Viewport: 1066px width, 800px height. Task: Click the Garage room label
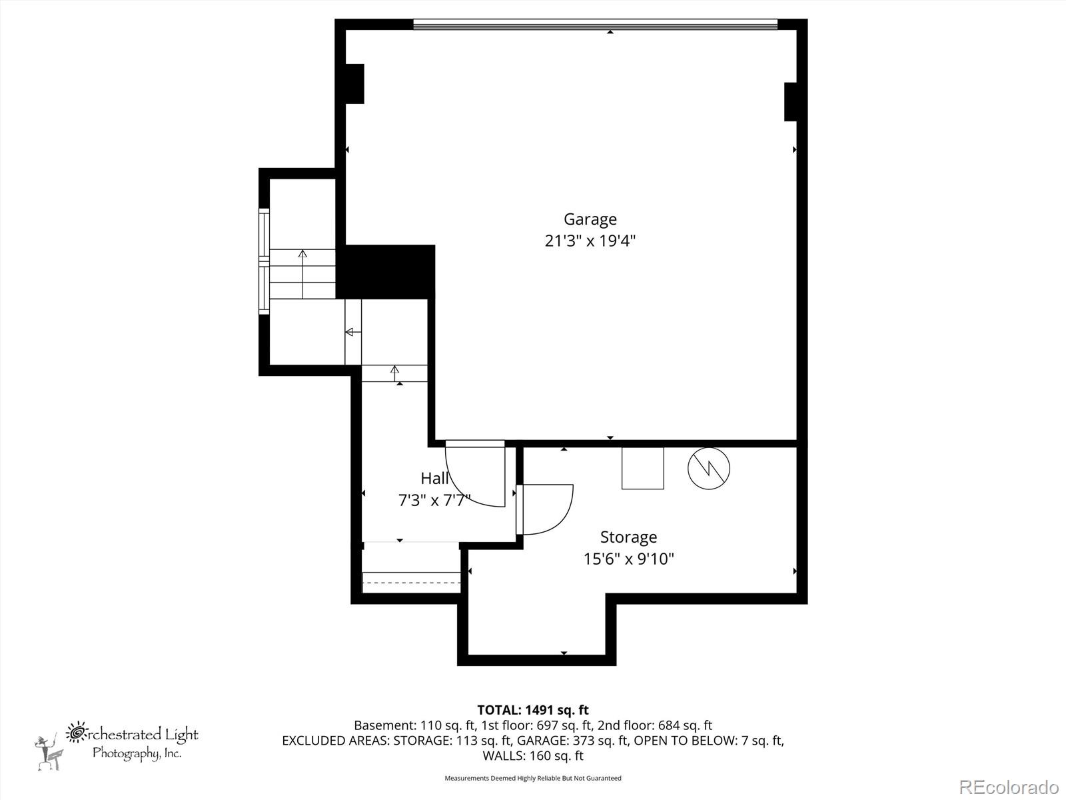pos(590,219)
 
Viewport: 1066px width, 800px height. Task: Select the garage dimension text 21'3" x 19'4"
pos(590,241)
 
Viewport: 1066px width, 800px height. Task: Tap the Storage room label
pos(628,537)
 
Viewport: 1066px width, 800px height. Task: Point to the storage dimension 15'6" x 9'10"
pos(628,559)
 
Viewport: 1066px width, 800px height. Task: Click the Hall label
pos(434,478)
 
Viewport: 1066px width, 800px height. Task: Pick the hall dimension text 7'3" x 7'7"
pos(434,500)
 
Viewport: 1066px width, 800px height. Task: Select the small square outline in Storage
pos(642,468)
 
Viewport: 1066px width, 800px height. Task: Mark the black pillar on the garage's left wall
pos(354,83)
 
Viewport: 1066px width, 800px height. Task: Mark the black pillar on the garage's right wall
pos(791,101)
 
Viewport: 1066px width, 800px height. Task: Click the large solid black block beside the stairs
pos(386,271)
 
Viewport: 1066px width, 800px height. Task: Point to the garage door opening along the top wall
pos(595,25)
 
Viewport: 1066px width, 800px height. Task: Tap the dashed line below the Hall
pos(411,583)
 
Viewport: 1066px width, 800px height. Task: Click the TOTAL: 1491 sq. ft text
pos(532,710)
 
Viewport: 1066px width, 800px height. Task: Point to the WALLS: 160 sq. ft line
pos(532,755)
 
